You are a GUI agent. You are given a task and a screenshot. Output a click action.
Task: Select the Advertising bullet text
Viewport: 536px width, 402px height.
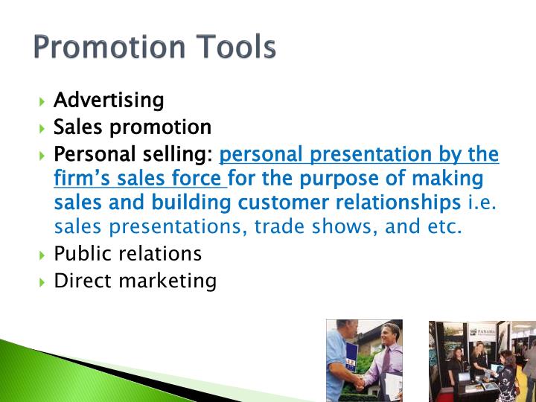pos(109,100)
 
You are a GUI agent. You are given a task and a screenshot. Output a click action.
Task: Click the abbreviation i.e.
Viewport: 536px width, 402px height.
pos(482,202)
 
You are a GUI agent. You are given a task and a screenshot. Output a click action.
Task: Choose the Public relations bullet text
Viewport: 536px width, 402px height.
pos(127,254)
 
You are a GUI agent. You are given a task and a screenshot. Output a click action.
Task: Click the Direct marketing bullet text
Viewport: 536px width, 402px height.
pos(135,281)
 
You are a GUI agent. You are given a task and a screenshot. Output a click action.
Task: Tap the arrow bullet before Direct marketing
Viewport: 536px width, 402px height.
pos(42,282)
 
